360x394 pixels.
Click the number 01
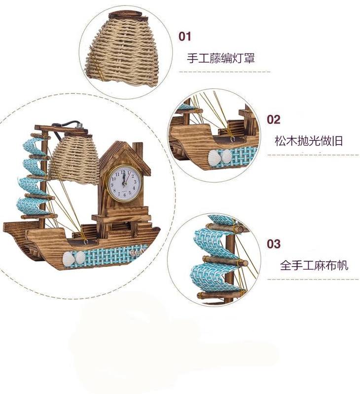coord(184,36)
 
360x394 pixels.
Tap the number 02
coord(273,119)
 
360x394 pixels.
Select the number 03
coord(273,244)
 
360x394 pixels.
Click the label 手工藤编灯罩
coord(220,58)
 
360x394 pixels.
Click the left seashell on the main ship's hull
coord(69,257)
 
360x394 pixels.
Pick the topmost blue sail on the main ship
coord(35,146)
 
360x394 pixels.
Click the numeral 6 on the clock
coord(123,194)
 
